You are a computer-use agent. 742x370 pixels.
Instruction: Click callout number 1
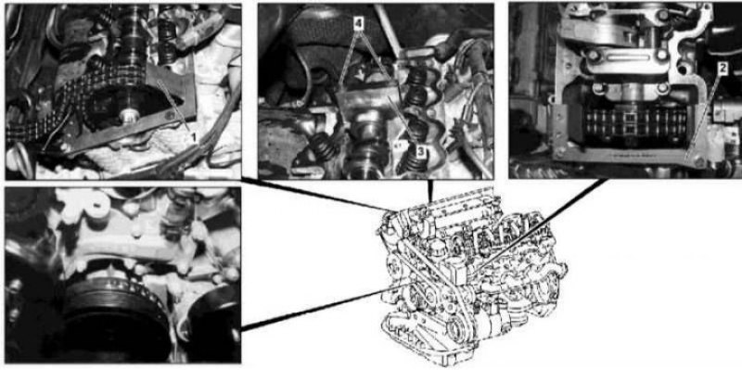[x=193, y=137]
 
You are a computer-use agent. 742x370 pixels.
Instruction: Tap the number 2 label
[x=722, y=69]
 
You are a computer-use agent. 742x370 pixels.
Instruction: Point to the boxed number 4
[x=358, y=24]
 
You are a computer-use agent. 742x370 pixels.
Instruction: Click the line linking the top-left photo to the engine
[x=315, y=194]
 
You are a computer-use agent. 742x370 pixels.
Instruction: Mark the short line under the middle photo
[x=430, y=191]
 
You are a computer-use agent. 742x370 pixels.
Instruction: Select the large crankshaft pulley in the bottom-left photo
[x=113, y=319]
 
